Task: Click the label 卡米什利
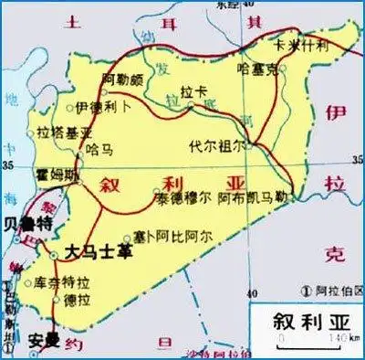295,43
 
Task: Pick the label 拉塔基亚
57,133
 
